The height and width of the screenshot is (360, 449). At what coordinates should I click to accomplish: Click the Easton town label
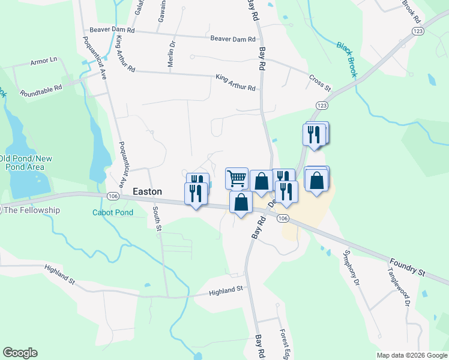click(147, 191)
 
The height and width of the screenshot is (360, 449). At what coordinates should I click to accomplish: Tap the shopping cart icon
click(237, 178)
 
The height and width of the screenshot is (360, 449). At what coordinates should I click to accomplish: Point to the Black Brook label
click(347, 59)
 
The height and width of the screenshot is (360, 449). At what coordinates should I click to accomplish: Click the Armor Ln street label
click(43, 61)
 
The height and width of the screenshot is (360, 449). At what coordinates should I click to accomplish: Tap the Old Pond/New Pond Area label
click(26, 163)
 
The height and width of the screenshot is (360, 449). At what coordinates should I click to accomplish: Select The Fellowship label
click(32, 210)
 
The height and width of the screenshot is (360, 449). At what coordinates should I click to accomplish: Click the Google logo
click(20, 353)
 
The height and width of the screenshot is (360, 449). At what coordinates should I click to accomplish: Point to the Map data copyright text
click(411, 355)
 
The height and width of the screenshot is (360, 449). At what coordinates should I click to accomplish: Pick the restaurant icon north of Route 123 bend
click(315, 134)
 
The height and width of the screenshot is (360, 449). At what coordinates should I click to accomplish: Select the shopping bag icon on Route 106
click(241, 202)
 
